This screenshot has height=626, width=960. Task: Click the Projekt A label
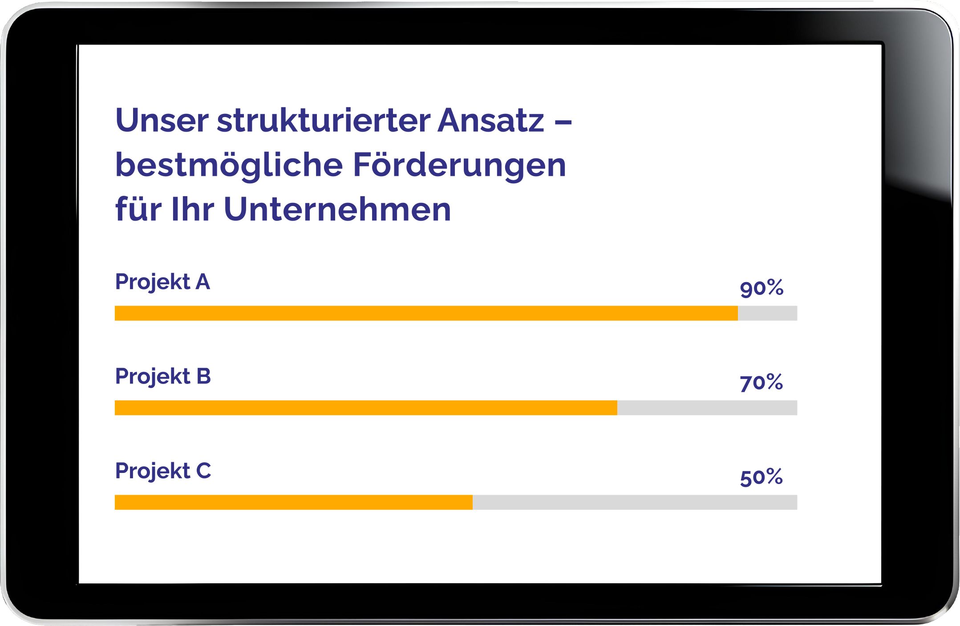coord(162,282)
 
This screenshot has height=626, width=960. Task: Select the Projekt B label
coord(163,377)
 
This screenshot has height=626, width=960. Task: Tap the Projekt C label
coord(163,471)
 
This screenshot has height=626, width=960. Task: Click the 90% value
coord(762,288)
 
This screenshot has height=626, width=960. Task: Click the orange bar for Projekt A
coord(426,313)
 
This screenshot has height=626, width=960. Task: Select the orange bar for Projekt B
coord(366,408)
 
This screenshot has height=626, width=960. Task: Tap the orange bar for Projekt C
coord(294,502)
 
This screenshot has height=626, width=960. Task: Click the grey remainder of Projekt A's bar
coord(767,313)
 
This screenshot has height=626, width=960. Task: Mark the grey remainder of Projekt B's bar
coord(707,408)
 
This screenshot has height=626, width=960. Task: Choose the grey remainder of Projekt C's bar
coord(635,502)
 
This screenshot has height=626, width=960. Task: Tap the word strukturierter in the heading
coord(324,121)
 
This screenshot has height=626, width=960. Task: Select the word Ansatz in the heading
coord(491,121)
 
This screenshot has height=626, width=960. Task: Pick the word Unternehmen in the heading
coord(337,210)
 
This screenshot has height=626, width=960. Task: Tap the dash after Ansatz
coord(563,121)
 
